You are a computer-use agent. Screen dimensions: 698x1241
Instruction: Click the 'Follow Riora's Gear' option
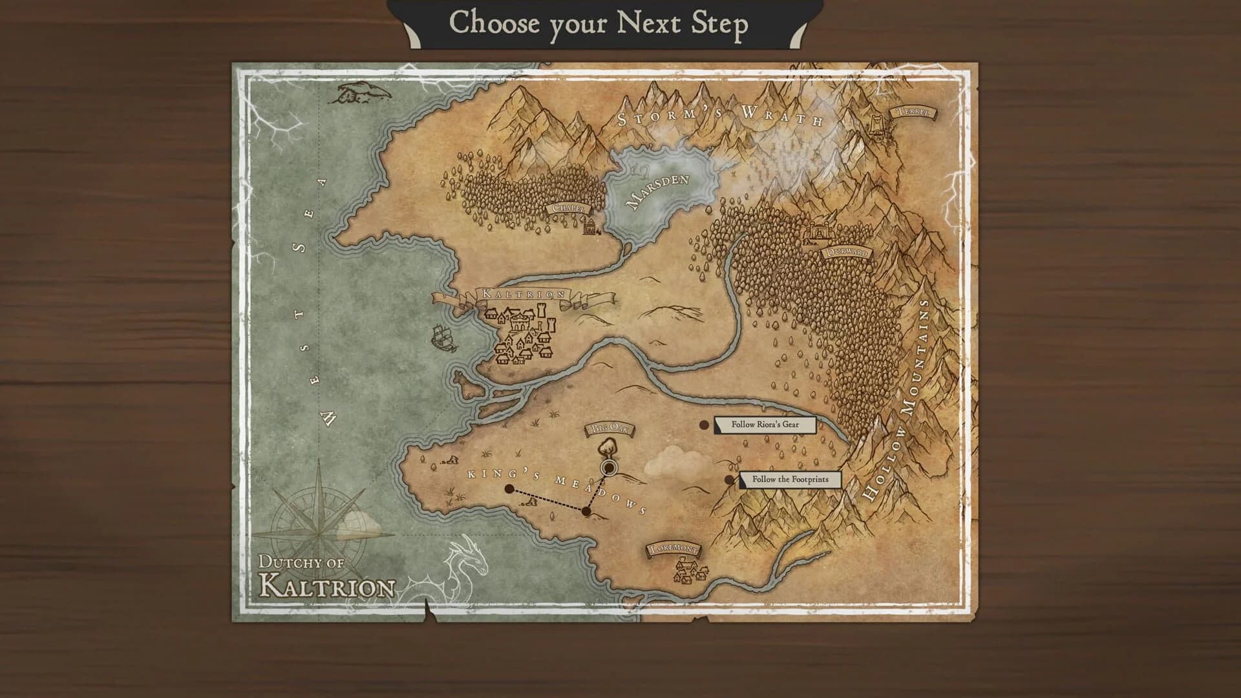coord(765,425)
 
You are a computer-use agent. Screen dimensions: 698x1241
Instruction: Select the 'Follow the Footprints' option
coord(790,480)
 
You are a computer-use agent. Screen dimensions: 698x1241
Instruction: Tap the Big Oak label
coord(610,428)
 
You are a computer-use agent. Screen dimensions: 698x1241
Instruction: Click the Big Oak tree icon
coord(607,447)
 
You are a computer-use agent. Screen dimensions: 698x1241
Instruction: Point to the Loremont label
coord(674,549)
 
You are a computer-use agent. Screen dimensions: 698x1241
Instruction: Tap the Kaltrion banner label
coord(524,294)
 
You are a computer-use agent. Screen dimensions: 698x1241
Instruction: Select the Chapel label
coord(568,208)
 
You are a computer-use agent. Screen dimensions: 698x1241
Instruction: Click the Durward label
coord(847,253)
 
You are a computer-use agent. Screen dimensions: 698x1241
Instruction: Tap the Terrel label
coord(913,112)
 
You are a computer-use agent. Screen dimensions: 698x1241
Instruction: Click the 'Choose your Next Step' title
coord(599,23)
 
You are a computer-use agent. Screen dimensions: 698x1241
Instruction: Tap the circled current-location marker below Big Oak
coord(608,467)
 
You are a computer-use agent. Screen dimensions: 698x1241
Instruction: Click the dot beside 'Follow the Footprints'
coord(730,480)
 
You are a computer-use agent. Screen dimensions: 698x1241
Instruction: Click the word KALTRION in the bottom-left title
coord(327,586)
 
